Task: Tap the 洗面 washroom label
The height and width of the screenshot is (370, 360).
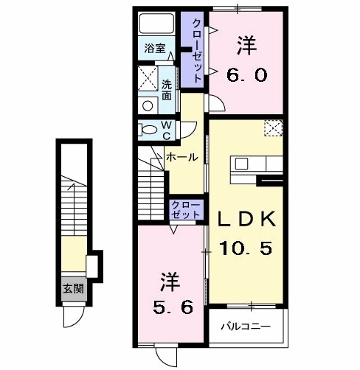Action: [167, 90]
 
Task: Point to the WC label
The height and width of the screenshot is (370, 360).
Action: [167, 130]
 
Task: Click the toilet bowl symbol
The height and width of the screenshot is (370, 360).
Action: [148, 130]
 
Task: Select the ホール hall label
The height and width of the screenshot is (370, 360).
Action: [181, 157]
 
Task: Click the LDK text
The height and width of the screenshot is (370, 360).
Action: [246, 219]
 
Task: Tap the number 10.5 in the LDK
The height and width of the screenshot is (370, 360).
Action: [246, 248]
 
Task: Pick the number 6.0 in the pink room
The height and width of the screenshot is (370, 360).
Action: [246, 74]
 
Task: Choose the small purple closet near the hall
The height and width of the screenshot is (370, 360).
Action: [185, 208]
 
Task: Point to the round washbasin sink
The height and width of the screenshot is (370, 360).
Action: [148, 105]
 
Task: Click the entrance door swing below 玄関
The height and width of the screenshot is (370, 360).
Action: [72, 315]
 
